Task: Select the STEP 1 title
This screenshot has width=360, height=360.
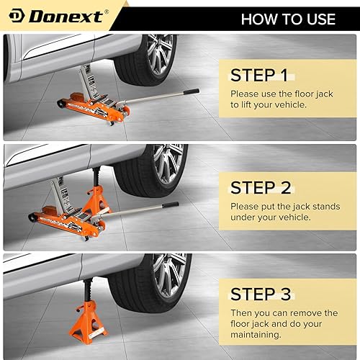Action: (264, 74)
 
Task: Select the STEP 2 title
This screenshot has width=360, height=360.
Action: (264, 188)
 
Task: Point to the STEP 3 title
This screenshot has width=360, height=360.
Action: (264, 294)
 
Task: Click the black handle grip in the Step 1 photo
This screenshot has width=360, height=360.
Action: (190, 91)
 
